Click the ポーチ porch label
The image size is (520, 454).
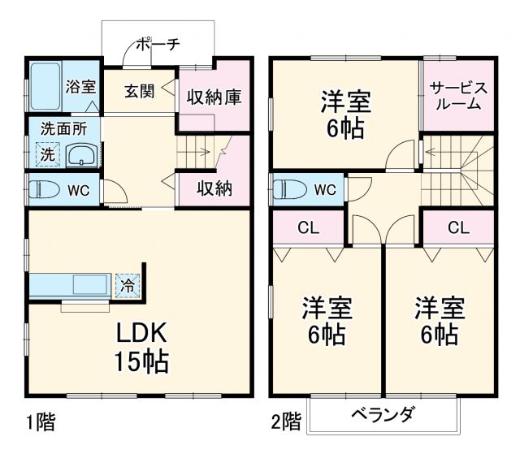158,45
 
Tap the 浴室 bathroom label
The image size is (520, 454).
80,84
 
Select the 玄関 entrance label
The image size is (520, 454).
140,90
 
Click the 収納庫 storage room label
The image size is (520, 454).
214,97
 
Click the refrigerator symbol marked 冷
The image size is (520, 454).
127,285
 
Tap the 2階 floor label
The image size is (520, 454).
285,422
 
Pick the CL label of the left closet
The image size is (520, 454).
307,228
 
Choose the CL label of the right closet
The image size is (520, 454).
458,228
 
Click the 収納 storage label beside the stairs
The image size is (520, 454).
214,188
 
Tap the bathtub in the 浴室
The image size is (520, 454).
44,84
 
